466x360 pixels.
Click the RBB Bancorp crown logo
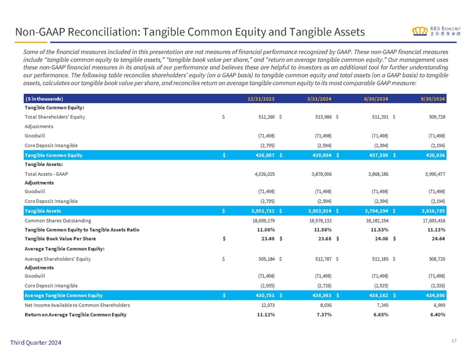[420, 31]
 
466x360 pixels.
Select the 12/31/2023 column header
[261, 98]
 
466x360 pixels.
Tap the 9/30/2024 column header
[432, 98]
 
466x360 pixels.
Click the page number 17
[454, 341]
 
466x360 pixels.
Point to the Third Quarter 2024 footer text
[36, 343]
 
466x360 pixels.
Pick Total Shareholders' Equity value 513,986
[323, 117]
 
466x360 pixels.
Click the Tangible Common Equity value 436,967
[265, 155]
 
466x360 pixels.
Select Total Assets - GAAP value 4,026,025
[264, 174]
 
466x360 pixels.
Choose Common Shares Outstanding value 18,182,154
[377, 221]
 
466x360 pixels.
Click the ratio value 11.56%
[323, 230]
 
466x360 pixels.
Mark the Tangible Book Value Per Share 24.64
[439, 238]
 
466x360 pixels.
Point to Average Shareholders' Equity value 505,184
[267, 259]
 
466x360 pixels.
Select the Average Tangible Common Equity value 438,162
[379, 295]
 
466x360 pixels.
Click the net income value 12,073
[268, 305]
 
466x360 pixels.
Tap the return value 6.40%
[438, 315]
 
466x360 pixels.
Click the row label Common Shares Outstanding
[58, 221]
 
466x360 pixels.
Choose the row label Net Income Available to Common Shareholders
[77, 305]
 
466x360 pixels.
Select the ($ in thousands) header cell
[44, 98]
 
